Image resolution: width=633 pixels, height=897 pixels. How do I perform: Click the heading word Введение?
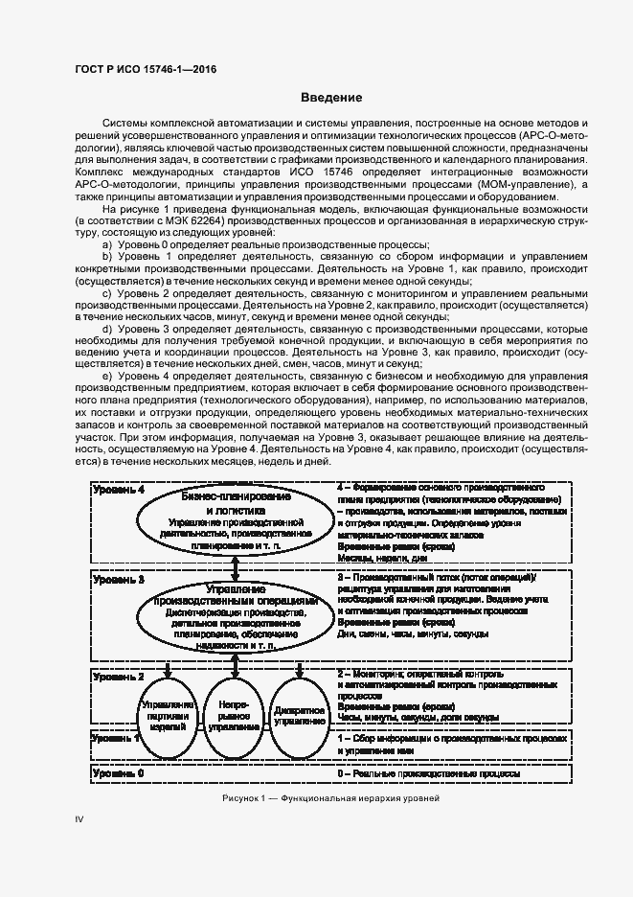click(331, 98)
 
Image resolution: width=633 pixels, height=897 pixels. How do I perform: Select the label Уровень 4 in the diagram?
click(119, 490)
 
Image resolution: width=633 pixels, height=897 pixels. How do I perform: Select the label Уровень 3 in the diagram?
click(119, 580)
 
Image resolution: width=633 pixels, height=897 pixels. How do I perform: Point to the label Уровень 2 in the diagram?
click(119, 677)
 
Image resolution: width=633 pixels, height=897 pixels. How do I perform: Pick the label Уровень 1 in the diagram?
click(119, 739)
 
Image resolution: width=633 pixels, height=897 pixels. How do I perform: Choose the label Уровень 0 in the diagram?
click(119, 772)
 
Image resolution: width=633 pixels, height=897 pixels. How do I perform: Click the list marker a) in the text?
click(106, 245)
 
